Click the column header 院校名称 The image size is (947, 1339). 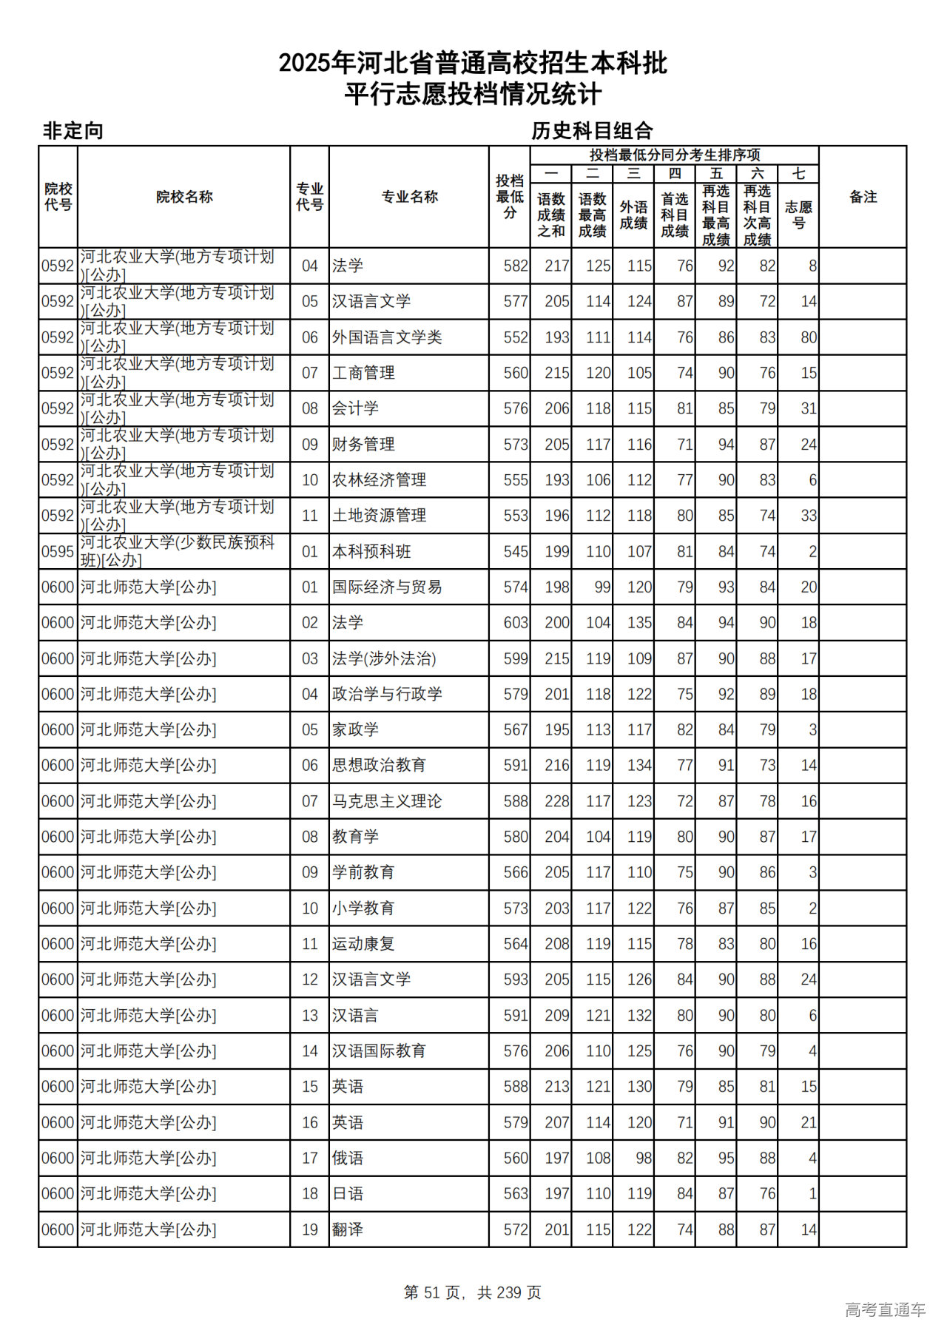(184, 197)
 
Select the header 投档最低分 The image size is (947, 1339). (510, 197)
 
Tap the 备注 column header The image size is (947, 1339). (863, 197)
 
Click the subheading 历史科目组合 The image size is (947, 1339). (592, 131)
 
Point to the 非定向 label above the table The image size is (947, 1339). (73, 131)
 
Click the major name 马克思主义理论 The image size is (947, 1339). (387, 801)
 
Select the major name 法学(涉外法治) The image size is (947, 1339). (384, 658)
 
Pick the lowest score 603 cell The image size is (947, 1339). (516, 623)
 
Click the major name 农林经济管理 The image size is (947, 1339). (379, 480)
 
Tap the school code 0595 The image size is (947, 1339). (58, 552)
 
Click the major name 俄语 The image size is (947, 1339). (348, 1158)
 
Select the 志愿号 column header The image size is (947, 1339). (798, 215)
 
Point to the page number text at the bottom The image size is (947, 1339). (473, 1292)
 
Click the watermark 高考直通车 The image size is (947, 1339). (885, 1309)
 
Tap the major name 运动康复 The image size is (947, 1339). (363, 944)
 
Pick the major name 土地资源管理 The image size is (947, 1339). (379, 516)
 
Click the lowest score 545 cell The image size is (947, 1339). (516, 552)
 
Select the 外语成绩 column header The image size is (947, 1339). (633, 215)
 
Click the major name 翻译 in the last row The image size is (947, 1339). (348, 1230)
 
